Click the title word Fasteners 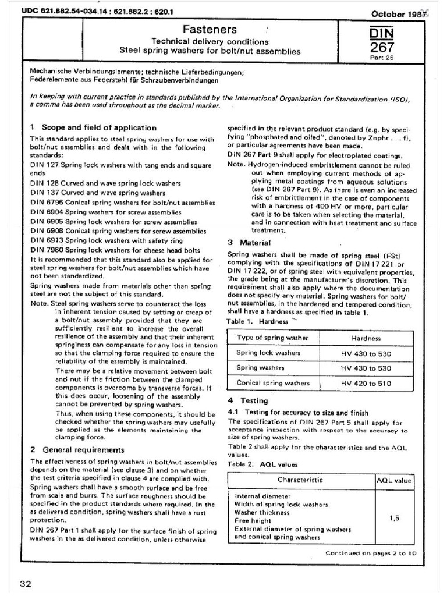click(x=201, y=29)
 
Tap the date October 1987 click(x=397, y=13)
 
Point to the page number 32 click(x=26, y=584)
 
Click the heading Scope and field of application click(x=93, y=127)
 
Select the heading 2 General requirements click(x=77, y=449)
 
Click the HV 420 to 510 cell click(x=366, y=383)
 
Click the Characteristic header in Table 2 click(x=300, y=480)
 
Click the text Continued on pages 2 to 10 click(x=371, y=553)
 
